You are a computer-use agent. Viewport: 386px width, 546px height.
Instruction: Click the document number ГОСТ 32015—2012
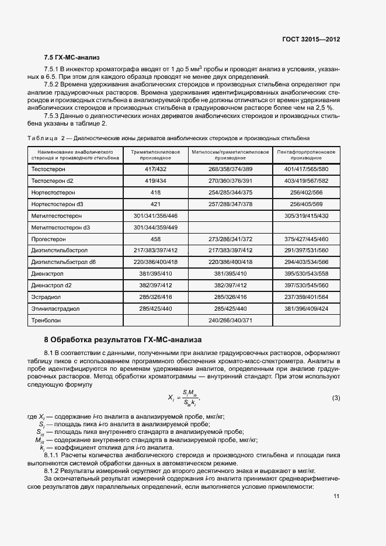point(311,40)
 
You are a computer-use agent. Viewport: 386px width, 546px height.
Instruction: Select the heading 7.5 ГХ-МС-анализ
point(72,58)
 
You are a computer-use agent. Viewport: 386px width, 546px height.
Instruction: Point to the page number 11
point(336,496)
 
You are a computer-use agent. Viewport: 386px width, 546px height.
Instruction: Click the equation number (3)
point(336,398)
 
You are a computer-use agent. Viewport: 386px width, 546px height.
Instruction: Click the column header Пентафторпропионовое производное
point(306,155)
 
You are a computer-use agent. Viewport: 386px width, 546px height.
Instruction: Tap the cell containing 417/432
point(155,169)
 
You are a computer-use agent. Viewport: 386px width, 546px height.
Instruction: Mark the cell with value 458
point(155,239)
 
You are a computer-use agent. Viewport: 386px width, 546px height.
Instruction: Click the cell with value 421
point(155,204)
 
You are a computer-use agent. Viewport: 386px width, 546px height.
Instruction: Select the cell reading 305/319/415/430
point(306,215)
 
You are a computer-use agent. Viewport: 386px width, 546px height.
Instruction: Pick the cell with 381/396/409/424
point(306,309)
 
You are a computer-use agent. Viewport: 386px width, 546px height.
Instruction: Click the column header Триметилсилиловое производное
point(155,155)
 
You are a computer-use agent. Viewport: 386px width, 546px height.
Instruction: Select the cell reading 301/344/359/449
point(155,227)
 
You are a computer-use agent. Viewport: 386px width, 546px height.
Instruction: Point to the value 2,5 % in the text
point(324,108)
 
